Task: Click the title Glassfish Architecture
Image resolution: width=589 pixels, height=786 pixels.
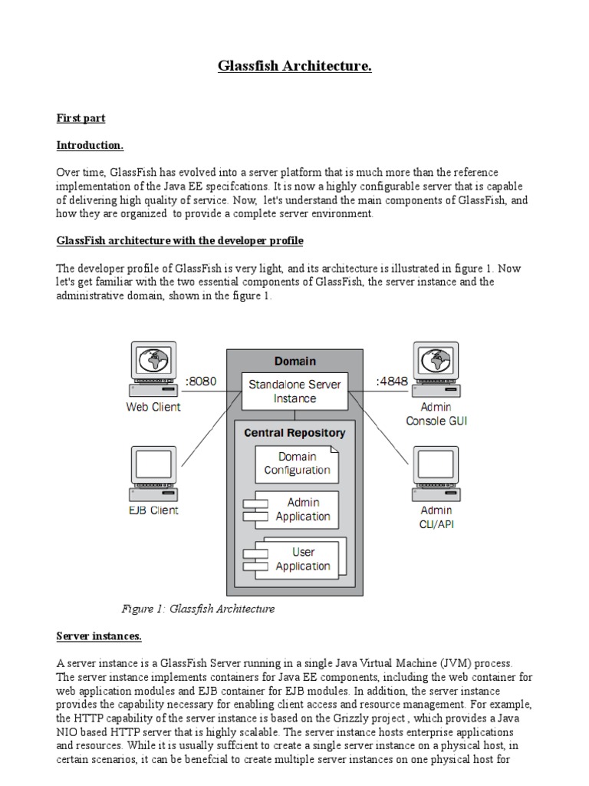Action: (294, 68)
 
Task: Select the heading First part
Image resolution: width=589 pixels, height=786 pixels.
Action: (81, 119)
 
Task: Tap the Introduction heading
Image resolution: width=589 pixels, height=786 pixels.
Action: (90, 145)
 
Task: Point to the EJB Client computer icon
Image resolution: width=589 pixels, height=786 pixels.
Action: (153, 474)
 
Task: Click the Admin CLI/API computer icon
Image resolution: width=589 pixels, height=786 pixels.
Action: (435, 474)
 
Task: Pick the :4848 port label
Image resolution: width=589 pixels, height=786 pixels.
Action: (391, 381)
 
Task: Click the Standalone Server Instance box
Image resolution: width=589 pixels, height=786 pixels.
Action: (295, 391)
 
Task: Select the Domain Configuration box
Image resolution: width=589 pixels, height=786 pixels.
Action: (296, 464)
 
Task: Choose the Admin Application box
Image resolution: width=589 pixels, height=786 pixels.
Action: (296, 510)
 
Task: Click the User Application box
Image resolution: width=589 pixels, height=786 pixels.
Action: (298, 559)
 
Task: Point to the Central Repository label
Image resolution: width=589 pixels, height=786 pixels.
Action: (294, 433)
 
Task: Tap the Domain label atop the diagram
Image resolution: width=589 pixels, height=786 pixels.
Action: (294, 361)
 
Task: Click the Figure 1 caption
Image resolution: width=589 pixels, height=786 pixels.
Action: (198, 609)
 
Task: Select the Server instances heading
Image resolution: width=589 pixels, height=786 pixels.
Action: (99, 636)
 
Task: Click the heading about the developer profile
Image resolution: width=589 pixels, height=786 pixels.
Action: (180, 241)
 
